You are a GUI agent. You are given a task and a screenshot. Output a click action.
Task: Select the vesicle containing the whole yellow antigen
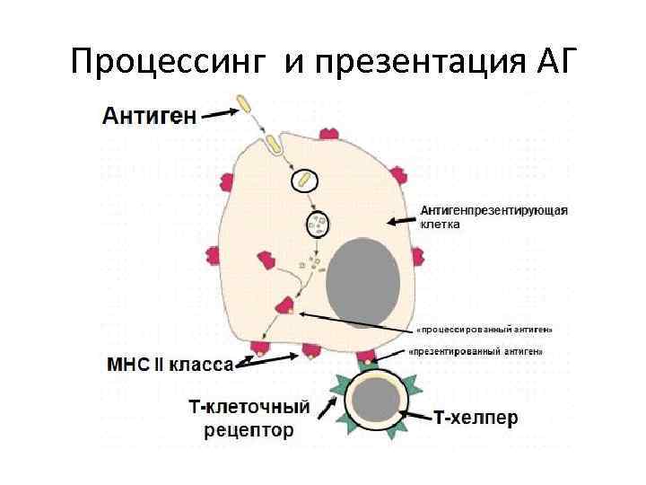305,180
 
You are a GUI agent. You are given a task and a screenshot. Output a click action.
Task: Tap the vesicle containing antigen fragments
318,221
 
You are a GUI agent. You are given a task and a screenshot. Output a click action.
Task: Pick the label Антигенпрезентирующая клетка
494,217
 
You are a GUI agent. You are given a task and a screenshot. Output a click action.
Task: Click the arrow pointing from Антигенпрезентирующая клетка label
402,219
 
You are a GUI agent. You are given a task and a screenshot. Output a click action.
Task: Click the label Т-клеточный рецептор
249,418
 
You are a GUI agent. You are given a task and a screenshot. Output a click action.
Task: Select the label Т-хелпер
475,418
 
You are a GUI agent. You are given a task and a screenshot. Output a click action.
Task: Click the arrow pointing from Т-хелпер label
417,415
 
